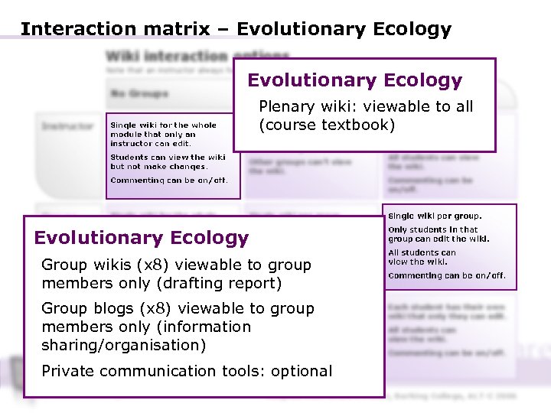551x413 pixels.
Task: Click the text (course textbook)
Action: (x=327, y=125)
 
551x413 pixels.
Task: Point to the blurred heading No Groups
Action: (x=139, y=94)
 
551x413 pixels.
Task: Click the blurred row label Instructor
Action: (x=67, y=126)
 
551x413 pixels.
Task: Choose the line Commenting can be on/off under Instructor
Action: (x=168, y=180)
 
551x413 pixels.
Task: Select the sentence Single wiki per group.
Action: (x=435, y=216)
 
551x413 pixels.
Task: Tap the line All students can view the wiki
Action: (x=422, y=257)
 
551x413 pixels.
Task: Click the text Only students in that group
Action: (x=433, y=229)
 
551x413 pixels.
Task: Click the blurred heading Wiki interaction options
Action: (x=197, y=57)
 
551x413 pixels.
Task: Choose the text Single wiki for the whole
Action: (x=163, y=125)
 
